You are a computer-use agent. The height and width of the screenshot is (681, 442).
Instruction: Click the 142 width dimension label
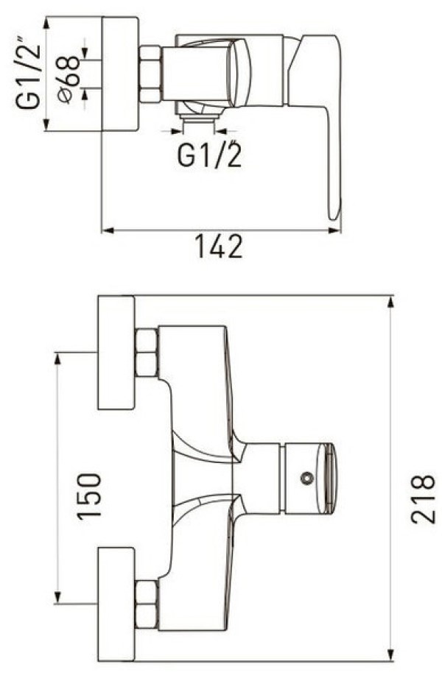pyautogui.click(x=218, y=247)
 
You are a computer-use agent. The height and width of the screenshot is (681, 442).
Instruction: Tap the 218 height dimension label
pyautogui.click(x=422, y=499)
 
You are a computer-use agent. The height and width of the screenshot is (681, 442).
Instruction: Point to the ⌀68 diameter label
pyautogui.click(x=69, y=80)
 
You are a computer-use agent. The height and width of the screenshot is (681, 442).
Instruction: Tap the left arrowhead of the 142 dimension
pyautogui.click(x=108, y=230)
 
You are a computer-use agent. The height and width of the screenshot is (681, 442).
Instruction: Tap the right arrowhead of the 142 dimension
pyautogui.click(x=334, y=230)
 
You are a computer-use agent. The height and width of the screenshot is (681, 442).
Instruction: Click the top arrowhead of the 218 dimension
pyautogui.click(x=390, y=302)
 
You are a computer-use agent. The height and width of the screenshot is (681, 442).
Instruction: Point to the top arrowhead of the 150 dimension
pyautogui.click(x=57, y=358)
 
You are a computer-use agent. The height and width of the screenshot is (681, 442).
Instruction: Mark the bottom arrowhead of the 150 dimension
pyautogui.click(x=57, y=597)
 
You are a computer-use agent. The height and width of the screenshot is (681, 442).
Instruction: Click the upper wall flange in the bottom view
pyautogui.click(x=116, y=353)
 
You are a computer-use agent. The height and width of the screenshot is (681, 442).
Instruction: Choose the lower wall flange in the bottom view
pyautogui.click(x=116, y=604)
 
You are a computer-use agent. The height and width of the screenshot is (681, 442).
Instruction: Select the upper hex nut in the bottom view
pyautogui.click(x=147, y=353)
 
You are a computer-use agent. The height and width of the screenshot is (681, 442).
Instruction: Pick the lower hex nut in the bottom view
pyautogui.click(x=147, y=604)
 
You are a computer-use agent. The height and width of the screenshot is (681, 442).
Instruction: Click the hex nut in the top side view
pyautogui.click(x=151, y=74)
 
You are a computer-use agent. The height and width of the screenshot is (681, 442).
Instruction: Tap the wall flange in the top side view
pyautogui.click(x=120, y=74)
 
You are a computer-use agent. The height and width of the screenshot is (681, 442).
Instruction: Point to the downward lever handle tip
pyautogui.click(x=334, y=215)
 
